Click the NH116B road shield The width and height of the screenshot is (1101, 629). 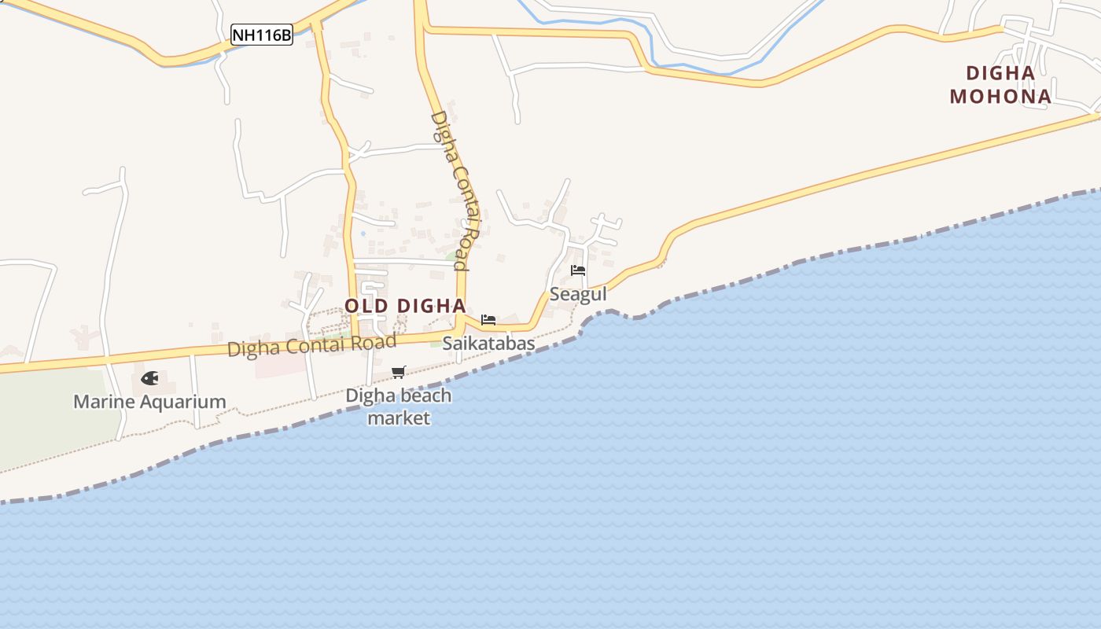pyautogui.click(x=262, y=35)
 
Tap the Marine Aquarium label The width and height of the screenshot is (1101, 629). pyautogui.click(x=149, y=402)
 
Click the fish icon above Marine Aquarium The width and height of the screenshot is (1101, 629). pyautogui.click(x=149, y=378)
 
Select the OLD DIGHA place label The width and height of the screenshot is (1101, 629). pyautogui.click(x=405, y=306)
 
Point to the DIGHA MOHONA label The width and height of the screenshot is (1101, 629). pyautogui.click(x=1000, y=85)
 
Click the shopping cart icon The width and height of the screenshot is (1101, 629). pyautogui.click(x=399, y=372)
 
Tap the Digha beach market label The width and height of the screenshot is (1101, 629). pyautogui.click(x=399, y=406)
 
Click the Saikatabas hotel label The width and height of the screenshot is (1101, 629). pyautogui.click(x=488, y=344)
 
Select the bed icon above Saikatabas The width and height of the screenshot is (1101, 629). pyautogui.click(x=488, y=320)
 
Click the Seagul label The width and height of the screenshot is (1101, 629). pyautogui.click(x=578, y=294)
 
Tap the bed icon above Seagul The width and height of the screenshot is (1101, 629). pyautogui.click(x=578, y=270)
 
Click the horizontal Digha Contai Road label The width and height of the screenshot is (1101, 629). pyautogui.click(x=311, y=345)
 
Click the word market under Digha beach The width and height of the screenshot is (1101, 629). pyautogui.click(x=399, y=417)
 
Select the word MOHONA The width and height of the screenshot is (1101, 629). pyautogui.click(x=1000, y=97)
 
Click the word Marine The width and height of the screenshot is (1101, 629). pyautogui.click(x=101, y=402)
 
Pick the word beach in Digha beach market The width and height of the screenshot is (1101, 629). pyautogui.click(x=425, y=395)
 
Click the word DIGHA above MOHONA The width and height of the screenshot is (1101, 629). pyautogui.click(x=1000, y=73)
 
